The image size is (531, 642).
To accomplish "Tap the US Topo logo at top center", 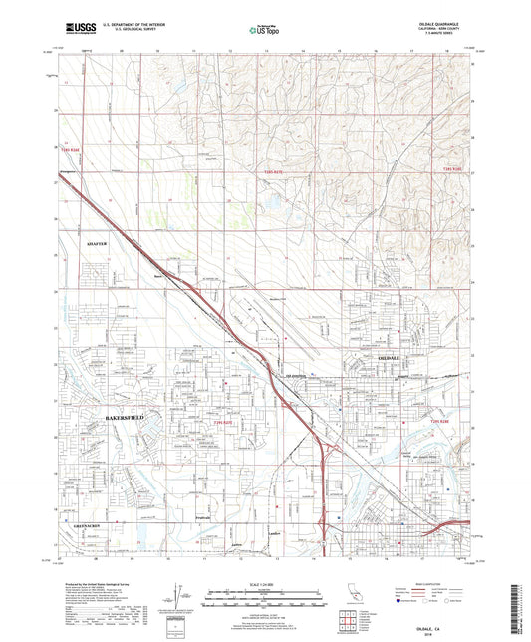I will coord(265,31).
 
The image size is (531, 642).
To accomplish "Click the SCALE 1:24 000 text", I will coord(265,585).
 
